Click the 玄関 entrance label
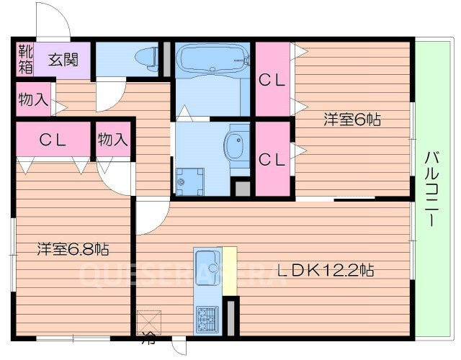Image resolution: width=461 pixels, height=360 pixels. coord(64,60)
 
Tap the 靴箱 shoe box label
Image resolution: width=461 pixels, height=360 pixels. coord(25,60)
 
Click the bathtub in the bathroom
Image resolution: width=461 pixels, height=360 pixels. coord(212,62)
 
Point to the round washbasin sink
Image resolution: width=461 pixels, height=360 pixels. coord(235,146)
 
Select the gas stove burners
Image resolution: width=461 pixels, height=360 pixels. coord(207,317)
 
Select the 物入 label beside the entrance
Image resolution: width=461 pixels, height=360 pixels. coord(33,99)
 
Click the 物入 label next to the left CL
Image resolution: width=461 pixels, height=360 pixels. coord(113,139)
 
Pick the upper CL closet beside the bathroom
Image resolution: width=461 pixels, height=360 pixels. coord(272,81)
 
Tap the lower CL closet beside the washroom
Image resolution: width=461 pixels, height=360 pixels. coord(272,159)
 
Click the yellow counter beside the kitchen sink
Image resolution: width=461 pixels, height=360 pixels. coord(230,270)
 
